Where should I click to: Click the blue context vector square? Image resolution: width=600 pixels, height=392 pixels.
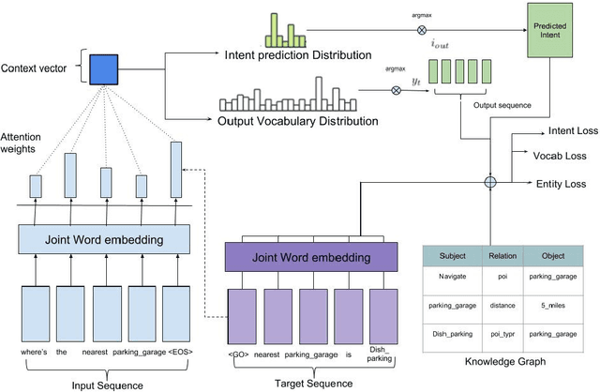point(102,68)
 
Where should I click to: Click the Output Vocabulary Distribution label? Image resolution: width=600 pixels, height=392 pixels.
point(299,120)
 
